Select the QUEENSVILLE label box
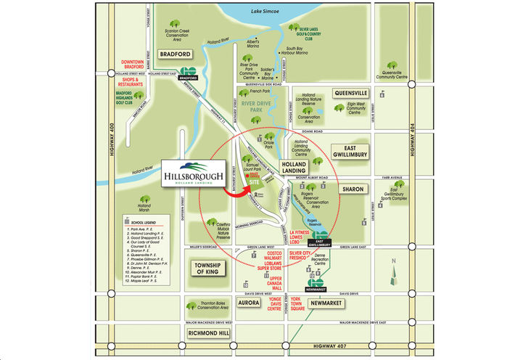352,93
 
